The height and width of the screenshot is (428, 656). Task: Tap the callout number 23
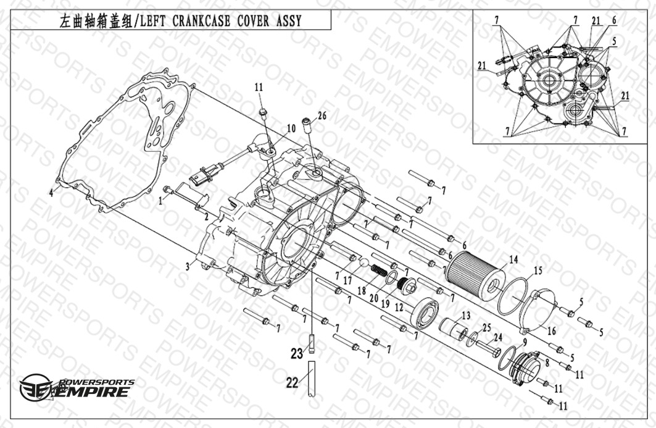click(x=297, y=355)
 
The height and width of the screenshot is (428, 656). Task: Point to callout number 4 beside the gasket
click(x=52, y=193)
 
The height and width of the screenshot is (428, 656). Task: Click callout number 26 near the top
click(x=322, y=115)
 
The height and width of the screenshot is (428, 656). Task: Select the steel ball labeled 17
click(x=363, y=264)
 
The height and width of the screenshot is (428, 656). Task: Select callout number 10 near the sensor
click(x=291, y=128)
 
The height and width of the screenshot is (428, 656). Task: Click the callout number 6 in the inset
click(x=614, y=20)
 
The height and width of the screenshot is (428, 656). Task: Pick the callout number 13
click(x=465, y=316)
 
